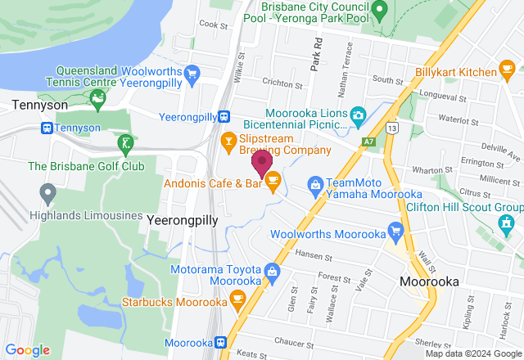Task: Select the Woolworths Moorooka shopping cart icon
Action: point(396,231)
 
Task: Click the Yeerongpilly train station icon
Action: point(234,117)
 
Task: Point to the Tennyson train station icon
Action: point(47,128)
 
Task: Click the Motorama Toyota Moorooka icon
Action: point(272,271)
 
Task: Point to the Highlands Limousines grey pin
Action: point(47,194)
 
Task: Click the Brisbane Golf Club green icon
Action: point(124,145)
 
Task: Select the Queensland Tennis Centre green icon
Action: point(98,101)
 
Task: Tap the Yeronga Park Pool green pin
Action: point(378,10)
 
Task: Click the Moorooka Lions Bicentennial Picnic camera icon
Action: point(359,115)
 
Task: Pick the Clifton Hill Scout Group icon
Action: point(507,221)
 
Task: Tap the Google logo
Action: point(27,350)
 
